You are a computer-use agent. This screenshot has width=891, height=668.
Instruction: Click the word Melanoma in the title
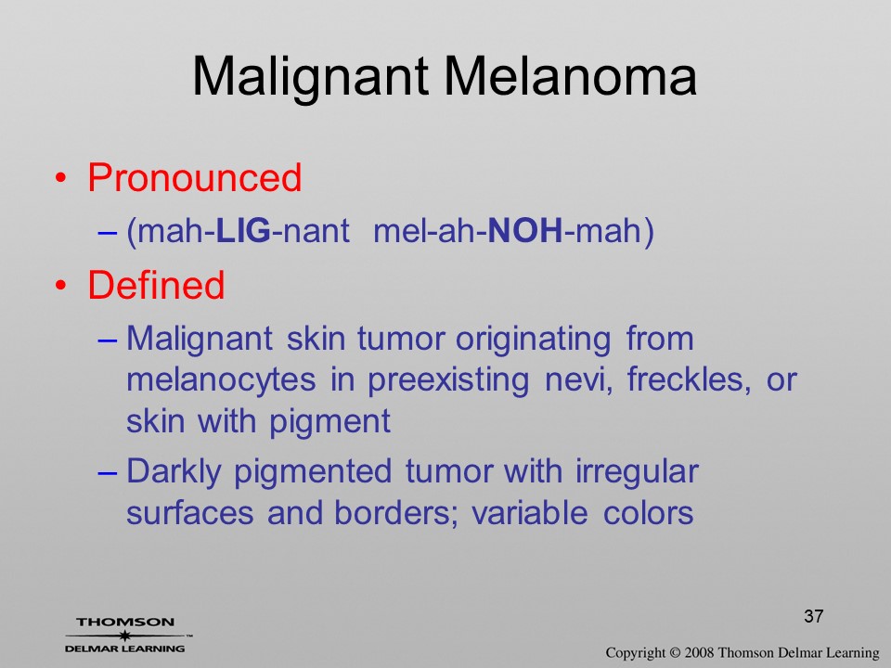pos(570,76)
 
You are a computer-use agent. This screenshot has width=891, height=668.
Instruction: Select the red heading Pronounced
pos(194,178)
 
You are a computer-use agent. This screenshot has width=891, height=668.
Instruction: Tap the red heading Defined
pos(156,285)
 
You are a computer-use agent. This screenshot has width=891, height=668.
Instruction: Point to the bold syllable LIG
pos(243,231)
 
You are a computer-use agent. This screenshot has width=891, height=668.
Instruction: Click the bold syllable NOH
pos(525,231)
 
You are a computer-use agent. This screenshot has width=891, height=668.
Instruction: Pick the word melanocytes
pos(221,379)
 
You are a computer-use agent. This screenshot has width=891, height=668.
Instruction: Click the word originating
pos(533,340)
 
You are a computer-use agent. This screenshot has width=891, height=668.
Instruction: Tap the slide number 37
pos(814,616)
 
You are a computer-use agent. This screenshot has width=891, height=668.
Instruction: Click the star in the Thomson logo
pos(124,635)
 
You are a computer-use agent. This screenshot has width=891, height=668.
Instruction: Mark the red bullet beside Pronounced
pos(61,179)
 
